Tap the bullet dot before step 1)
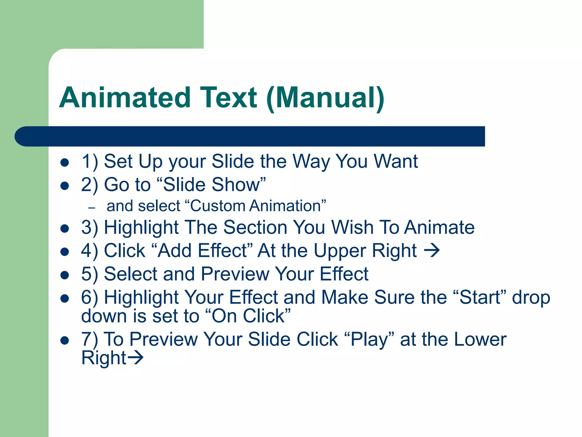click(65, 162)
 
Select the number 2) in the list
click(90, 185)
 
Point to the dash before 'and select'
click(92, 208)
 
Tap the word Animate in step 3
click(439, 227)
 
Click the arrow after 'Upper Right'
click(432, 251)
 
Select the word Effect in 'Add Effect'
click(223, 251)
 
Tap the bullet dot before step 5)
click(65, 275)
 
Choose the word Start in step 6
click(480, 297)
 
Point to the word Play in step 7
click(369, 339)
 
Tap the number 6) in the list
click(90, 298)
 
